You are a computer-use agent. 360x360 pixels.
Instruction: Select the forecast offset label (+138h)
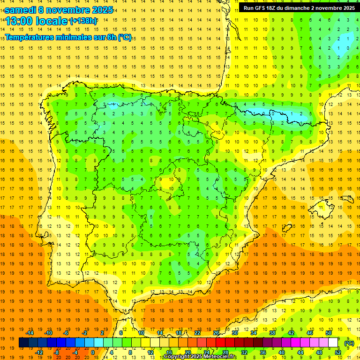click(83, 21)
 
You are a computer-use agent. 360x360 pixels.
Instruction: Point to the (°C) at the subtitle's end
click(125, 37)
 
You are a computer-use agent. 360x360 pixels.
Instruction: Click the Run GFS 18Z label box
click(299, 8)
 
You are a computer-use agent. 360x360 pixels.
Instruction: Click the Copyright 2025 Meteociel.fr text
click(200, 357)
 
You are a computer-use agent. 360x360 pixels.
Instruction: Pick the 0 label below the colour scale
click(92, 352)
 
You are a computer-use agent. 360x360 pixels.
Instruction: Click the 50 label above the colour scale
click(329, 333)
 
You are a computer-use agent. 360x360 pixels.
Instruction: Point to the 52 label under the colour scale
click(338, 352)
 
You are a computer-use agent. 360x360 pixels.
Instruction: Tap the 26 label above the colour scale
click(216, 333)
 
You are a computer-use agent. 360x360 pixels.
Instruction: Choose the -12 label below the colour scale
click(39, 352)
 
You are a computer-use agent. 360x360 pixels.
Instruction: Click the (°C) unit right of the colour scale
click(349, 343)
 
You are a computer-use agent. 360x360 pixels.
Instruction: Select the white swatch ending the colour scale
click(333, 343)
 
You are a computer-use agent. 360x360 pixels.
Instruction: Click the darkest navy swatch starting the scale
click(23, 343)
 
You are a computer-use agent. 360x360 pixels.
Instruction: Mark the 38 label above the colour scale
click(272, 333)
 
